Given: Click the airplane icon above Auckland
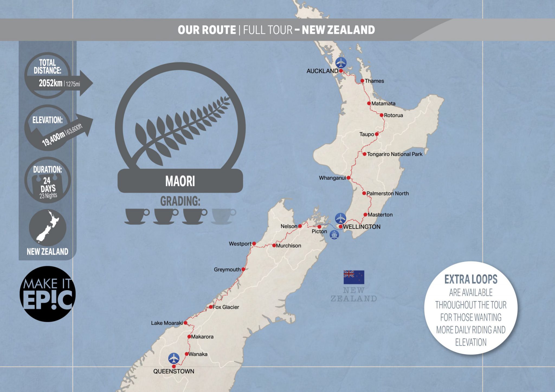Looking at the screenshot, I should [x=341, y=63].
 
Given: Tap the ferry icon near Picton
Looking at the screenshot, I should [x=334, y=235].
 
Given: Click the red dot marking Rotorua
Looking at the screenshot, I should [x=382, y=115].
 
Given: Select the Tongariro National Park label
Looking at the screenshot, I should [x=395, y=154].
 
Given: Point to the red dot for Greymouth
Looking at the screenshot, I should [x=243, y=269].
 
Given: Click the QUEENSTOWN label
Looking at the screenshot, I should [x=174, y=371].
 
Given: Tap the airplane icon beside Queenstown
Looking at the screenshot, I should [x=174, y=358].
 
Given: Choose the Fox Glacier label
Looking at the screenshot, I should [x=226, y=307].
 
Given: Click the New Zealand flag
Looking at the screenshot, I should [x=354, y=277].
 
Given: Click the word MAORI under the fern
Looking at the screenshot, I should [x=180, y=181].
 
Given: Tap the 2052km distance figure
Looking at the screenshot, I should [x=51, y=83].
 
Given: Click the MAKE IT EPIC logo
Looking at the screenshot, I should [x=47, y=294].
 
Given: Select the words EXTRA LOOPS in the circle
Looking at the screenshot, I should [x=471, y=279].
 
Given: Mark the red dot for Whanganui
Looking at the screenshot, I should [x=349, y=178].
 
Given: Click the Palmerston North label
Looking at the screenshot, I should [x=388, y=193].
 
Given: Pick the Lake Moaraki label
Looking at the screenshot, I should [x=167, y=323].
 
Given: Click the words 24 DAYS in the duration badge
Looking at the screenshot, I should [x=48, y=184].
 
